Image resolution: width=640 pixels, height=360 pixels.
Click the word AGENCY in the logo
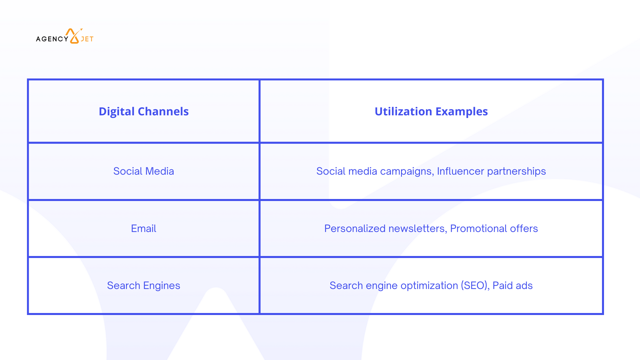click(52, 39)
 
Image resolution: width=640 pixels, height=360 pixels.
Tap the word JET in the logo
click(87, 39)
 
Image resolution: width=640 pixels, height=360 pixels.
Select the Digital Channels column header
click(144, 111)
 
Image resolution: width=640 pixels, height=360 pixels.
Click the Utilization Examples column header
click(431, 111)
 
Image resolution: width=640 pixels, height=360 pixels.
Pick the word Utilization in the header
click(403, 111)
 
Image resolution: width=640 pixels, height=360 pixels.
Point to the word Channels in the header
click(163, 111)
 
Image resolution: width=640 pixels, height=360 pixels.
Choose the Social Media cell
click(144, 171)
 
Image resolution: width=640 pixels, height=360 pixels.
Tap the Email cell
click(144, 228)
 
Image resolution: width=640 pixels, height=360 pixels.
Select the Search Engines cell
click(144, 286)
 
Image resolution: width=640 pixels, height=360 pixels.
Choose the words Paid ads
click(513, 286)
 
